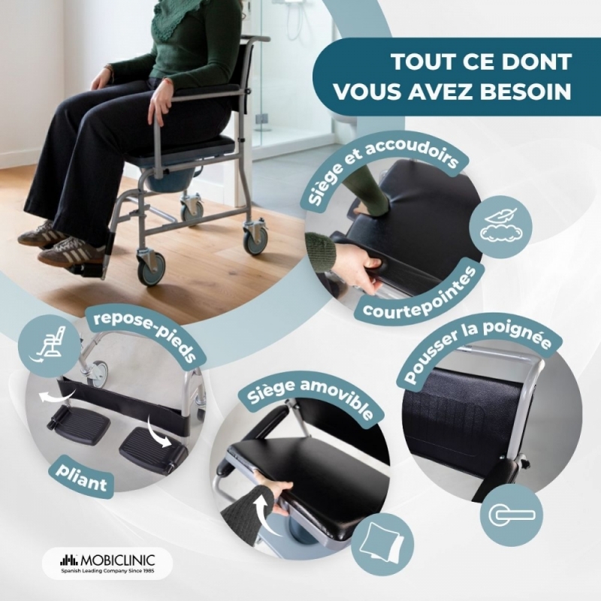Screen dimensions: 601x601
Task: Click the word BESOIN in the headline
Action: (522, 91)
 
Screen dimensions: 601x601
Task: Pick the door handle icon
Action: (512, 515)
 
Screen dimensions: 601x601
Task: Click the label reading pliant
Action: (81, 479)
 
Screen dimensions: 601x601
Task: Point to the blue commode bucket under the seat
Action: (162, 181)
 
